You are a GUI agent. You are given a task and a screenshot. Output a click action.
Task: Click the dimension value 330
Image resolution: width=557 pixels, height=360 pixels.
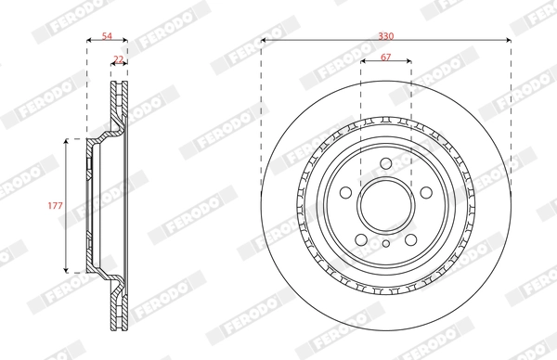[x=385, y=34]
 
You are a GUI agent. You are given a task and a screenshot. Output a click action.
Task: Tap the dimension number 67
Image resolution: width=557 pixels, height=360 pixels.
[x=385, y=58]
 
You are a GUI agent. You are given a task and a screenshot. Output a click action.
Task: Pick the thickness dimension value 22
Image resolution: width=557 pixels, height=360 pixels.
[x=117, y=58]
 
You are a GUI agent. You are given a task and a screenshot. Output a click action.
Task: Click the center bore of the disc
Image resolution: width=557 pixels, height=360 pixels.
[x=385, y=203]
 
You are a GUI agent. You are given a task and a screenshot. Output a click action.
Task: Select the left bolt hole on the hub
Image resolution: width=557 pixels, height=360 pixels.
[x=344, y=193]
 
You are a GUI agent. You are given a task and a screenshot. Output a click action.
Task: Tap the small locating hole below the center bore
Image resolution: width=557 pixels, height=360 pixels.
[x=385, y=245]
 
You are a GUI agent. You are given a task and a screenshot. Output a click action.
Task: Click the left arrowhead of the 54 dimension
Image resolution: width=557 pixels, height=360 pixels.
[x=89, y=41]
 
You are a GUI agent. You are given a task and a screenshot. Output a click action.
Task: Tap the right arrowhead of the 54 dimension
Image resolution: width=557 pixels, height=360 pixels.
[x=125, y=41]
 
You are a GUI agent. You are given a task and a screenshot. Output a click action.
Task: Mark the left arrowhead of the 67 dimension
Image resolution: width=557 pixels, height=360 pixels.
[x=362, y=65]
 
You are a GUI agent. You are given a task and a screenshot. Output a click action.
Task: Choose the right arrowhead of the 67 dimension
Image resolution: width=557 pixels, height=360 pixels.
[x=408, y=65]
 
